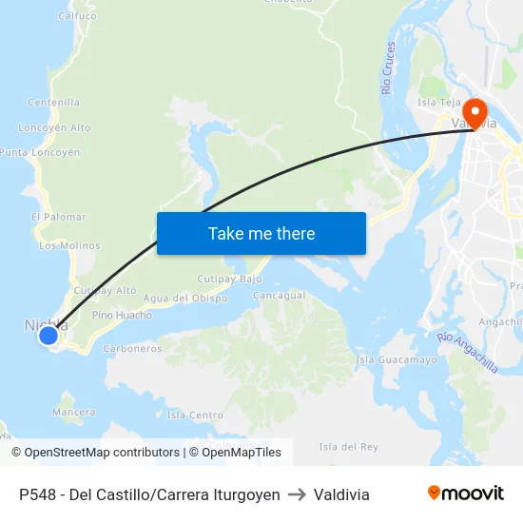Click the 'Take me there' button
[261, 233]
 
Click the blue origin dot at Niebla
[48, 335]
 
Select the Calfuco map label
[77, 16]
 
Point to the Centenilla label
[54, 102]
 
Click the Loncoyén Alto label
[54, 127]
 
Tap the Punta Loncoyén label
[40, 152]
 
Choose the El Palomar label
[58, 217]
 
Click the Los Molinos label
[68, 245]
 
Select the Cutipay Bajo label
[228, 279]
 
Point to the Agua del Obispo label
[184, 298]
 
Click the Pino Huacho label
[122, 315]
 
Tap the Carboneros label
[132, 349]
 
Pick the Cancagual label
[279, 295]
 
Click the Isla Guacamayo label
[396, 360]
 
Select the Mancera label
[73, 412]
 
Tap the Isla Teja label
[439, 102]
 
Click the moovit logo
[465, 494]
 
